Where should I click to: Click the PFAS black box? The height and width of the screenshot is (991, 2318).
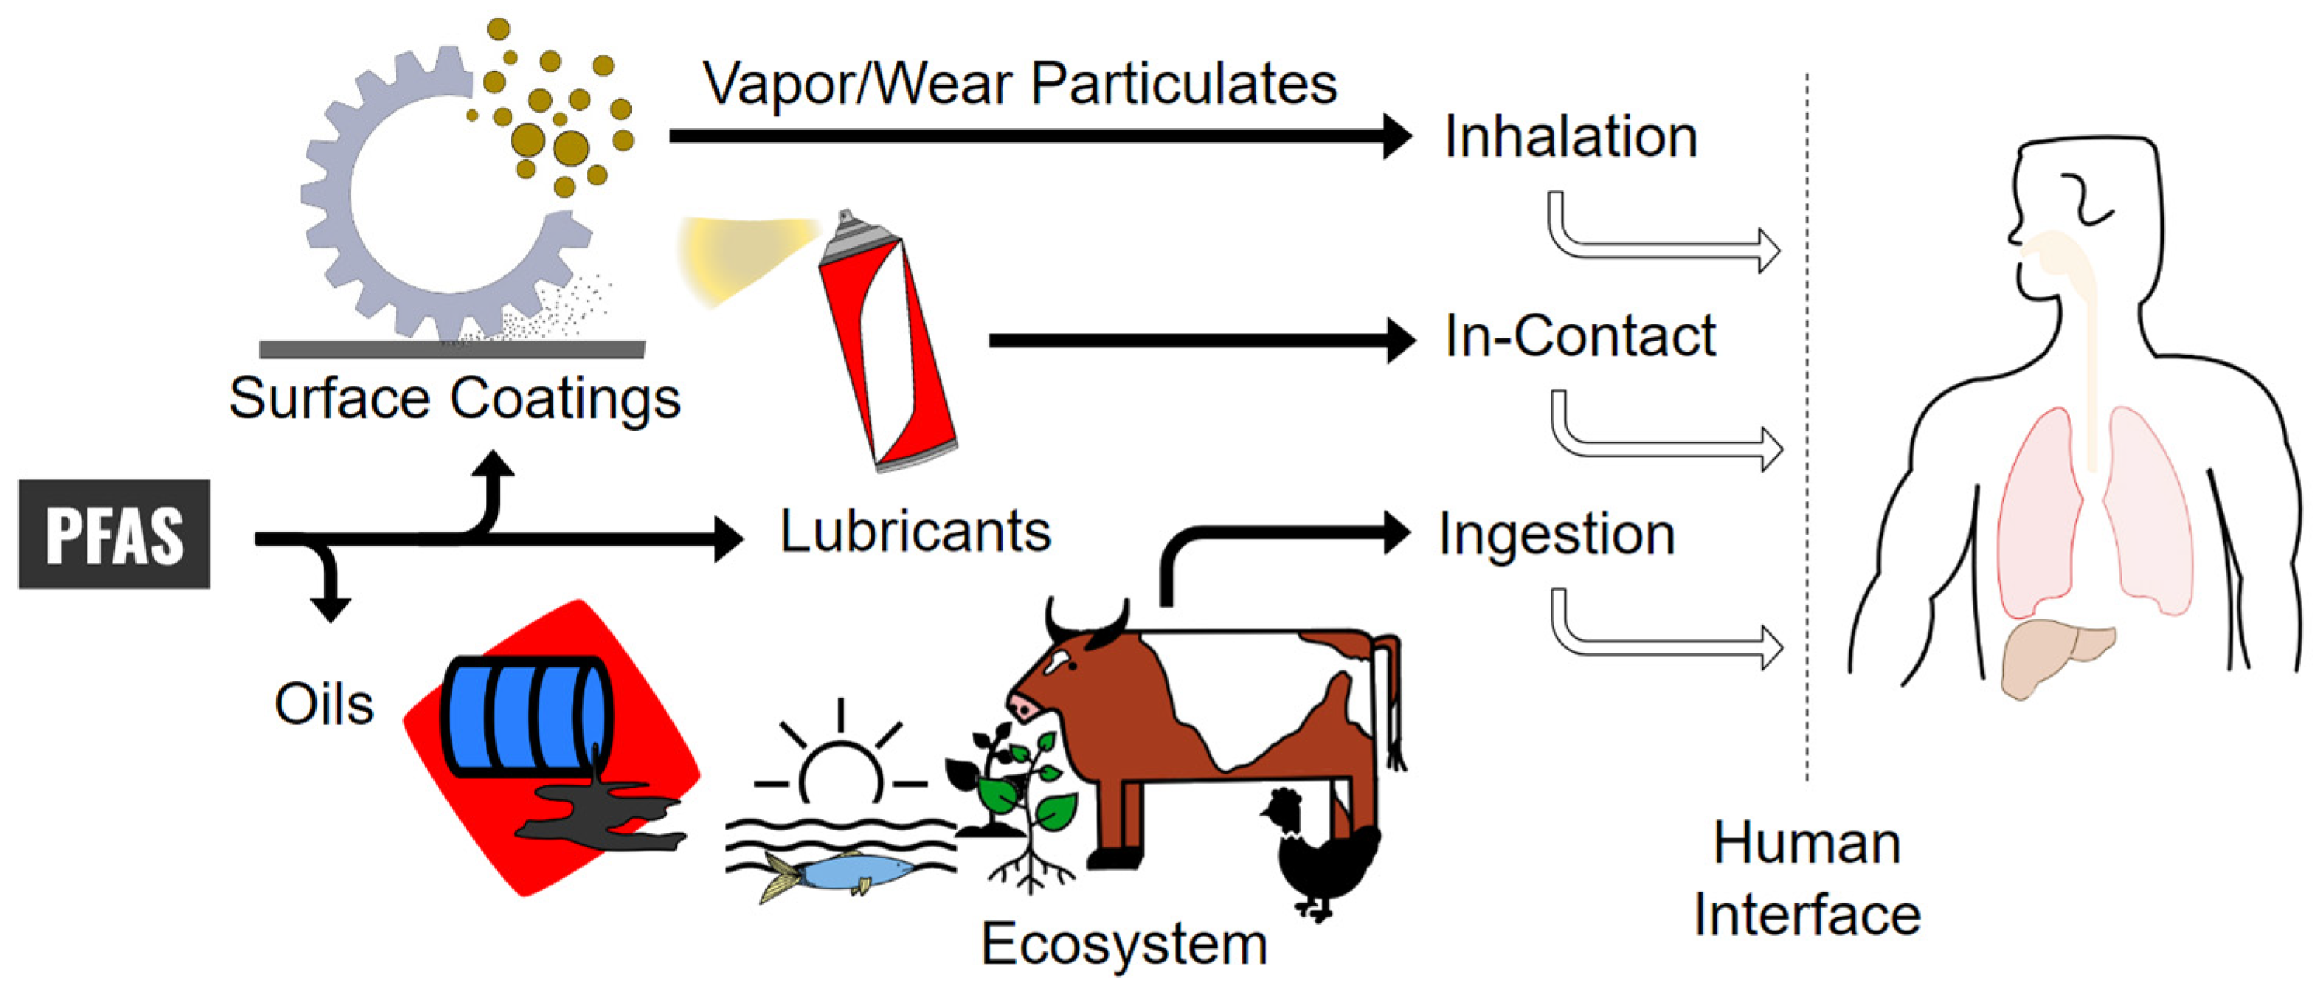click(x=114, y=534)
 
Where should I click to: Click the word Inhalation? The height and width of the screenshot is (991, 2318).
click(x=1570, y=137)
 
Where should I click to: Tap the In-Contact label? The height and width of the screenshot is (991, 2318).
click(x=1579, y=336)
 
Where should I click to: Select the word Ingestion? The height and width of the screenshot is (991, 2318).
click(x=1557, y=534)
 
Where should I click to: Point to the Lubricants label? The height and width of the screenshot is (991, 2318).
click(x=915, y=531)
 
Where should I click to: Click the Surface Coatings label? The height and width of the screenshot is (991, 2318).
click(x=455, y=398)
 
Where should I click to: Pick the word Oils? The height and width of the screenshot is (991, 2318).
click(x=324, y=704)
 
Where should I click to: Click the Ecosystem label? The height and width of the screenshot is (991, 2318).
click(x=1124, y=944)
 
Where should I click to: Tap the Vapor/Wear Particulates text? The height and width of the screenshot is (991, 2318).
click(x=1020, y=84)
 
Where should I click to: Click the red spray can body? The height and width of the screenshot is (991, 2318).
click(x=886, y=351)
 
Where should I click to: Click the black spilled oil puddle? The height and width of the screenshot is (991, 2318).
click(x=603, y=815)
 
